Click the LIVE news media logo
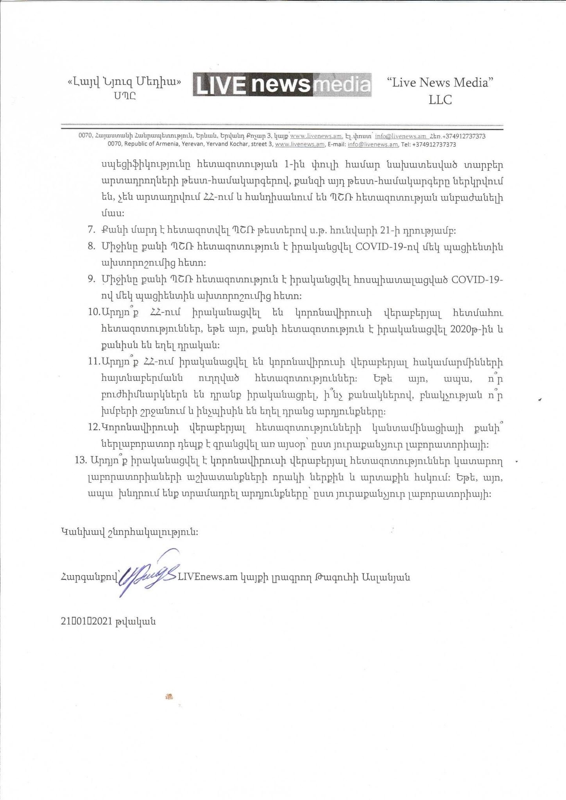[282, 84]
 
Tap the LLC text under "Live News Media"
[440, 100]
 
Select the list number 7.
[91, 230]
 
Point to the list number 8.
[91, 247]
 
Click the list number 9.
[91, 280]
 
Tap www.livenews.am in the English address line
[300, 145]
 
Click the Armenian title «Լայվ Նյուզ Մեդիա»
[125, 82]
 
